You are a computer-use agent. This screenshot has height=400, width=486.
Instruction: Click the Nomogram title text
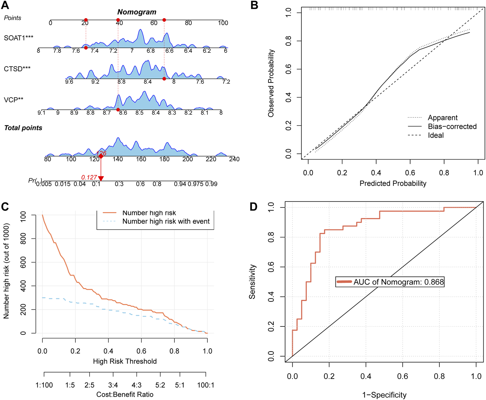137,12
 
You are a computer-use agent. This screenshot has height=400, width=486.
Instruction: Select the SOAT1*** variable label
19,38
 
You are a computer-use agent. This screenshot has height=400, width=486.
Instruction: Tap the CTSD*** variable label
17,69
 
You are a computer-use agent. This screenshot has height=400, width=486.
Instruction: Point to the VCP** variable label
13,100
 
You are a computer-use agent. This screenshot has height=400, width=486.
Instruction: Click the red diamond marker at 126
101,156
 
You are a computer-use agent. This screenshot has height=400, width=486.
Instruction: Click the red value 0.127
89,177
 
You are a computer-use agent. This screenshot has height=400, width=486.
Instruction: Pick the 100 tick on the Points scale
223,23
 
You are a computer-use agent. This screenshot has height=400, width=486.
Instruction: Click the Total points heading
23,128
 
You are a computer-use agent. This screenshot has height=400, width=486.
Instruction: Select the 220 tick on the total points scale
211,159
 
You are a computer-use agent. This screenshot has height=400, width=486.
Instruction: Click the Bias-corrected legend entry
452,126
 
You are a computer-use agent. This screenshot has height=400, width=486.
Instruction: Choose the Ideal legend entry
436,135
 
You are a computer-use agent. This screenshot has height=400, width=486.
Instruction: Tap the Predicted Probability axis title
393,183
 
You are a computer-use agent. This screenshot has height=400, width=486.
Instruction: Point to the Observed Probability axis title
271,83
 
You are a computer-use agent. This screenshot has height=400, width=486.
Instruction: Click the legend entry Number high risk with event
166,221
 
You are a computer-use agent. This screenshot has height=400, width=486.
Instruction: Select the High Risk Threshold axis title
125,361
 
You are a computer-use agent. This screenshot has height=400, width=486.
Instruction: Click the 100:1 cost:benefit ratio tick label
206,385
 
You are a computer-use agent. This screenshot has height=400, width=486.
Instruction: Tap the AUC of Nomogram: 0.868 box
390,282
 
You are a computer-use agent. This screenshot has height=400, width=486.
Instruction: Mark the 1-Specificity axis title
384,395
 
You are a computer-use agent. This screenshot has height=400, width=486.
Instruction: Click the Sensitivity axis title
252,281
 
